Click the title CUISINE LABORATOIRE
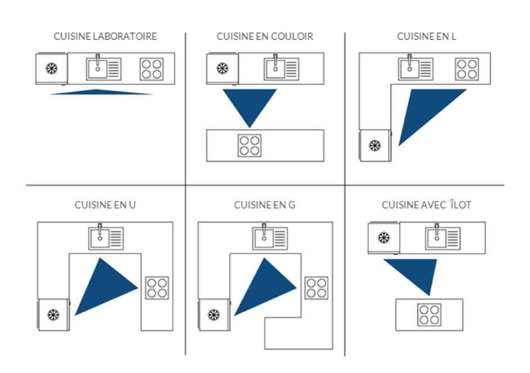[105, 37]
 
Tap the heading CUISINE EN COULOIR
[265, 37]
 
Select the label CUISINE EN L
[425, 37]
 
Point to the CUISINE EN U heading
[105, 205]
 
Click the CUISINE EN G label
[265, 205]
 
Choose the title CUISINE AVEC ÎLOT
[427, 205]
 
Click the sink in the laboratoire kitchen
[104, 69]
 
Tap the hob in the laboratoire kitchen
[152, 69]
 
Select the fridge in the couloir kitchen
[223, 69]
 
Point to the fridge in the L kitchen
[374, 145]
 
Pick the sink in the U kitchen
[106, 238]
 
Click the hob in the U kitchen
[157, 288]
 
